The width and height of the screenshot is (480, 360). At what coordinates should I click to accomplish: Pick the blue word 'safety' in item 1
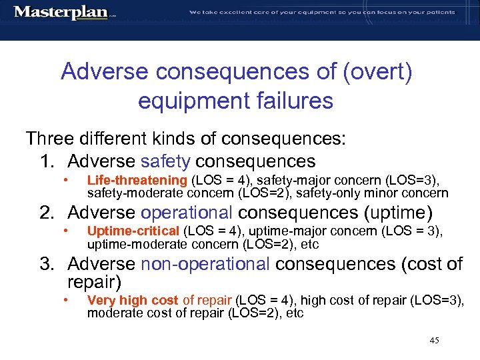pyautogui.click(x=166, y=161)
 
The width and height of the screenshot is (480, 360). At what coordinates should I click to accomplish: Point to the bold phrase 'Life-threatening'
pyautogui.click(x=137, y=181)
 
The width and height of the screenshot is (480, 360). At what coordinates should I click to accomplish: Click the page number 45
pyautogui.click(x=434, y=341)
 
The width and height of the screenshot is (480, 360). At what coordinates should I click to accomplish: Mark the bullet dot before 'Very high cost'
pyautogui.click(x=66, y=300)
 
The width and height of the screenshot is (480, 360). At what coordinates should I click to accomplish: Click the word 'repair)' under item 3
pyautogui.click(x=95, y=282)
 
